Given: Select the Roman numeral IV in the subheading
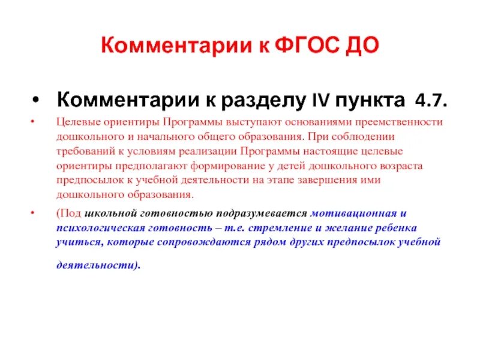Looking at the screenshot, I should (319, 99).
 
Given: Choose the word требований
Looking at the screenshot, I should (83, 151).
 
